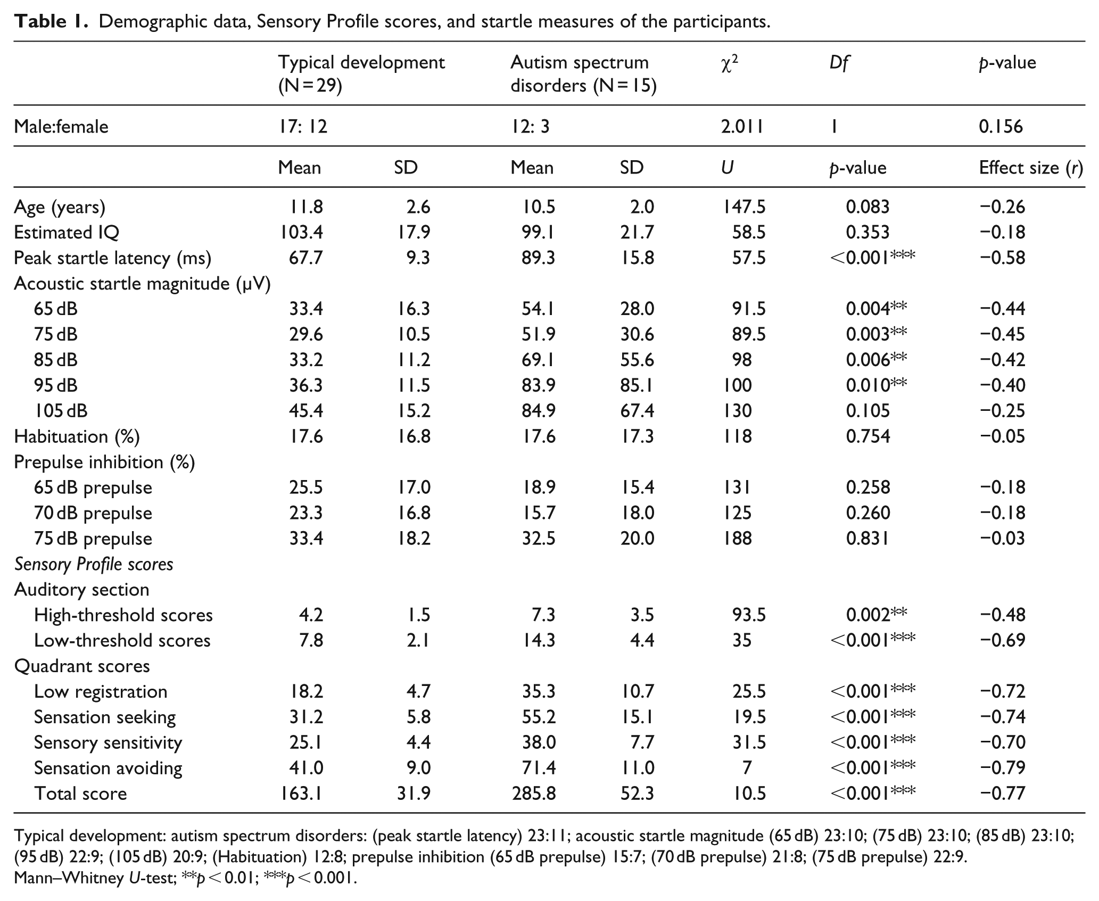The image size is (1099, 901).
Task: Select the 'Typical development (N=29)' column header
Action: click(x=361, y=73)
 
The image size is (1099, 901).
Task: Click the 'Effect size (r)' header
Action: click(x=1031, y=168)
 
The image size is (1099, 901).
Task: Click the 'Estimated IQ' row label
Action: click(x=67, y=232)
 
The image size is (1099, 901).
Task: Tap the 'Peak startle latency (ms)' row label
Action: click(x=112, y=258)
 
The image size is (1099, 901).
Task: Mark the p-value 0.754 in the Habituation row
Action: click(x=867, y=436)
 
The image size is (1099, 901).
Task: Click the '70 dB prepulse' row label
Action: click(x=93, y=513)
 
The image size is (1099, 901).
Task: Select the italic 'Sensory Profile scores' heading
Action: click(x=94, y=564)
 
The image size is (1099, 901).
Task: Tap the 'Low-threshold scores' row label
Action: click(x=122, y=640)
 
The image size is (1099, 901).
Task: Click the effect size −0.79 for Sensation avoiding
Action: click(x=1002, y=767)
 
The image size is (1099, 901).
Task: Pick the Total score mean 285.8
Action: click(x=533, y=793)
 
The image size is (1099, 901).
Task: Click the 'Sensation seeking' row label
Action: click(x=104, y=717)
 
